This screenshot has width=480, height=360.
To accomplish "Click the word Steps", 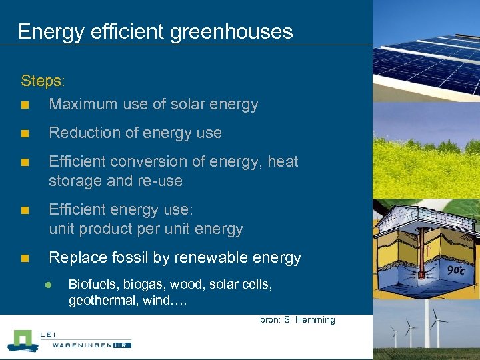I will (x=42, y=81).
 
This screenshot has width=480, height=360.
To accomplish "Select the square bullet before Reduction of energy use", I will (x=25, y=133).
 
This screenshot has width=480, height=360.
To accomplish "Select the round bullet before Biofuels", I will (x=48, y=285).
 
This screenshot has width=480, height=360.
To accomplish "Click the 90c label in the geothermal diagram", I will (x=457, y=270).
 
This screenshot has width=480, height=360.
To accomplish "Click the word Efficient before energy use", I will (x=80, y=209).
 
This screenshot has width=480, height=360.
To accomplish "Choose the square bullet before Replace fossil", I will (x=25, y=258).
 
